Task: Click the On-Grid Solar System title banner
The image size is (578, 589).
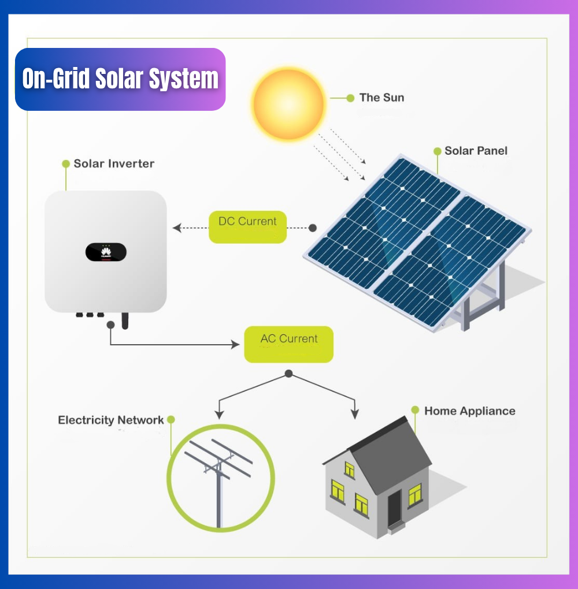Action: tap(120, 79)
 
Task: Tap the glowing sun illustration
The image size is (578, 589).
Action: tap(288, 104)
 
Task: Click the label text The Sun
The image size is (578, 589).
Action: tap(381, 98)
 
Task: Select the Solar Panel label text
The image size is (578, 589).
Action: tap(476, 151)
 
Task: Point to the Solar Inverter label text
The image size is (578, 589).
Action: tap(114, 163)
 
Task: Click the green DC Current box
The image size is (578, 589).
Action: tap(247, 226)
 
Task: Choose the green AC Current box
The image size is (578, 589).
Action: tap(288, 344)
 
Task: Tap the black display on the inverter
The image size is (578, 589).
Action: tap(106, 252)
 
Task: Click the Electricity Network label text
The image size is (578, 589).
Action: tap(110, 420)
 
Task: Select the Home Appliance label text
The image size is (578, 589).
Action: tap(469, 411)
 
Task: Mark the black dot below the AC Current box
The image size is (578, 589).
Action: tap(288, 374)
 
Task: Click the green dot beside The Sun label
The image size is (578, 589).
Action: tap(350, 98)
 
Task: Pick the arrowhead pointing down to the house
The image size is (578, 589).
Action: tap(355, 414)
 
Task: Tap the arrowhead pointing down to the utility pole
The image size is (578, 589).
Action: tap(218, 414)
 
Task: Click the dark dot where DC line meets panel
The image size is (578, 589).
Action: tap(313, 228)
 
